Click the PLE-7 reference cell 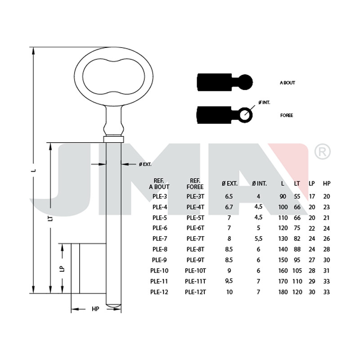(x=160, y=238)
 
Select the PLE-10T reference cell (x=195, y=271)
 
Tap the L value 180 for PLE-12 (x=283, y=292)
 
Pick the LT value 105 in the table (x=297, y=271)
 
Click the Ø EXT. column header (x=229, y=184)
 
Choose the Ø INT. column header (x=259, y=184)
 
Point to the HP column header (x=327, y=184)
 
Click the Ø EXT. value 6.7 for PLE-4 (x=229, y=207)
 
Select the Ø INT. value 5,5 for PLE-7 (x=258, y=239)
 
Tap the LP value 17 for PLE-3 (x=312, y=197)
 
